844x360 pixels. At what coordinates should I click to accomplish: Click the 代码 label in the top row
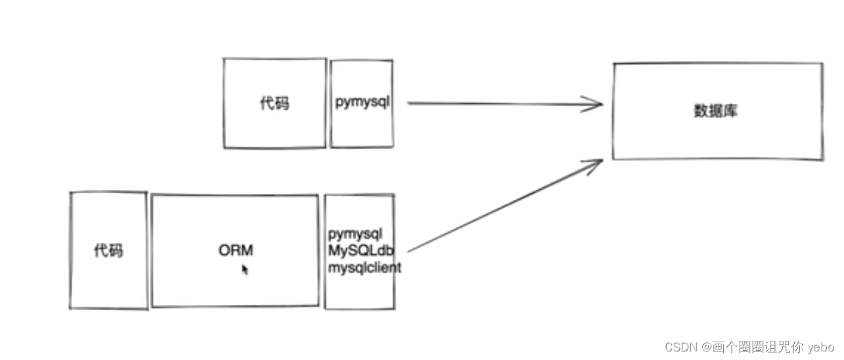[274, 103]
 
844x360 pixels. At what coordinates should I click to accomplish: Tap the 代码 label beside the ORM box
[108, 250]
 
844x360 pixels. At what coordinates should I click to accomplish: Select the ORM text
[236, 250]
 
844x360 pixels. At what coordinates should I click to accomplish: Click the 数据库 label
[716, 110]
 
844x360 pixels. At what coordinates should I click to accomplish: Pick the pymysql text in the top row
[362, 102]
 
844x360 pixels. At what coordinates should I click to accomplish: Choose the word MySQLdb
[361, 250]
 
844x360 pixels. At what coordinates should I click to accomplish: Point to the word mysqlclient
[365, 267]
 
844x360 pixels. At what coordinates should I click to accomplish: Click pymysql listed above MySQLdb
[355, 234]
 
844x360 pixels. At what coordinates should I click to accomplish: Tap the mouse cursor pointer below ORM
[245, 269]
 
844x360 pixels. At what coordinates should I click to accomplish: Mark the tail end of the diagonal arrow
[409, 251]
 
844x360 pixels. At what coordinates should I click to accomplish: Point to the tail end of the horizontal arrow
[409, 102]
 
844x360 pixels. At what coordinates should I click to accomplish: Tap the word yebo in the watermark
[821, 347]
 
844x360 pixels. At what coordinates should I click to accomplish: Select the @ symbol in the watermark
[705, 347]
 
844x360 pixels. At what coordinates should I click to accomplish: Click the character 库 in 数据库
[730, 110]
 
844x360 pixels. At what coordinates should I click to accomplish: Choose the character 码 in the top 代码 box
[281, 103]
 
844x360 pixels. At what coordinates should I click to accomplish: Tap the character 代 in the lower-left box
[101, 250]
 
